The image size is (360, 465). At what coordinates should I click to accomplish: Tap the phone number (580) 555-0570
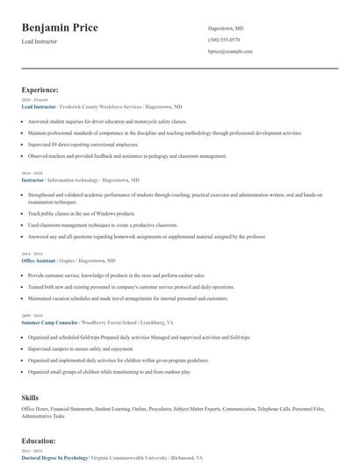click(x=225, y=40)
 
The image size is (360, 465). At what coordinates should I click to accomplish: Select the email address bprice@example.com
click(x=230, y=52)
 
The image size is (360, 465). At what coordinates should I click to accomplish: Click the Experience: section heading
click(x=40, y=89)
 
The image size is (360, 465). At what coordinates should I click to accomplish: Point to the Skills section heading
click(x=31, y=397)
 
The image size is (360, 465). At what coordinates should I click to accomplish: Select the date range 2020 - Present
click(x=33, y=100)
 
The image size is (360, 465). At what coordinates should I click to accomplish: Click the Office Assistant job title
click(x=39, y=261)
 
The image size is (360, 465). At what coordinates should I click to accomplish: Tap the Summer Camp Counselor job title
click(x=48, y=322)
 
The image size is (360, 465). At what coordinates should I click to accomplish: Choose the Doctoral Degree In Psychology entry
click(x=54, y=458)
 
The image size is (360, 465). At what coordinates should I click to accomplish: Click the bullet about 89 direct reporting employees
click(x=83, y=143)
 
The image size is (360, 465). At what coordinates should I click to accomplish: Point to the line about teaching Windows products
click(x=81, y=213)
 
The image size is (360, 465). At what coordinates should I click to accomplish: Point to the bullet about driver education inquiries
click(x=107, y=121)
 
